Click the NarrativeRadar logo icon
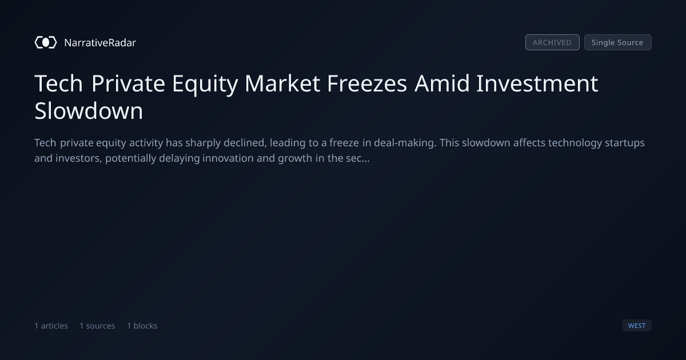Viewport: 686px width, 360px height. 46,42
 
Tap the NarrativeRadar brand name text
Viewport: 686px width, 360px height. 100,42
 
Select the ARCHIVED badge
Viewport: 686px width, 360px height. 552,42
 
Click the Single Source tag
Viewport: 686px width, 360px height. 618,42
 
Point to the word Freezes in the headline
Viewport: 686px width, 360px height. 367,83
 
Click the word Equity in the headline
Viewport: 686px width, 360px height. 205,84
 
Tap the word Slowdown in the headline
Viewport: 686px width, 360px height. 89,110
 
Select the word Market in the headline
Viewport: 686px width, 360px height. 282,83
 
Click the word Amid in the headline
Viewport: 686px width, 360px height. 442,83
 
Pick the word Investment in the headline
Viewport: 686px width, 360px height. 537,83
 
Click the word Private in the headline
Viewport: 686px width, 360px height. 128,83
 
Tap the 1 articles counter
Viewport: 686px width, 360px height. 51,326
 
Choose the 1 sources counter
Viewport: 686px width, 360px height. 97,326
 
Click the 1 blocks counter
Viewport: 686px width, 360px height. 142,326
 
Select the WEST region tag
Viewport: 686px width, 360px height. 637,326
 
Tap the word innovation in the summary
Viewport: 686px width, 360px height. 228,158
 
